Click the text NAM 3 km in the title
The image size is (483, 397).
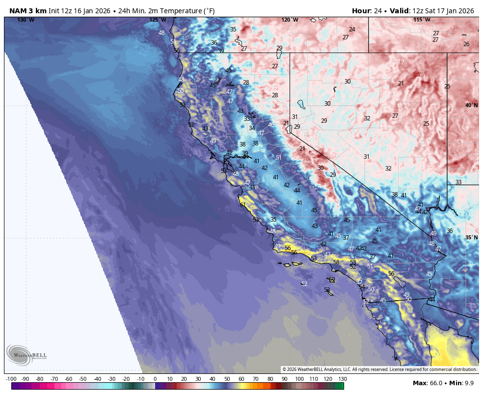[x=28, y=11]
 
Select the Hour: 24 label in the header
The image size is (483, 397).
[x=368, y=11]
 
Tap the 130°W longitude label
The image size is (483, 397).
[x=26, y=20]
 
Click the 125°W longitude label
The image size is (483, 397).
[x=158, y=20]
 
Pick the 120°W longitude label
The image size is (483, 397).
[x=290, y=20]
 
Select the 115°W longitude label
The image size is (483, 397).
[x=422, y=20]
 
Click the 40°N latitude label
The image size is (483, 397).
[x=471, y=105]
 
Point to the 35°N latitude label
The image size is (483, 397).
[x=471, y=237]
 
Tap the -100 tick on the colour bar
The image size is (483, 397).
[x=11, y=379]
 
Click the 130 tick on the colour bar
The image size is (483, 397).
[x=343, y=379]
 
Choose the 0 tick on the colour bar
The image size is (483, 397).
[x=155, y=379]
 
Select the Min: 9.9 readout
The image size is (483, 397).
[x=462, y=383]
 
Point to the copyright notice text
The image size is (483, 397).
[x=379, y=369]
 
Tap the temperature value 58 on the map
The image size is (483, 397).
[x=336, y=262]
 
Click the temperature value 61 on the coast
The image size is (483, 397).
[x=242, y=204]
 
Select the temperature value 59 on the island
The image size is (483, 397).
[x=332, y=279]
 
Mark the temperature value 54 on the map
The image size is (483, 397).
[x=362, y=286]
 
